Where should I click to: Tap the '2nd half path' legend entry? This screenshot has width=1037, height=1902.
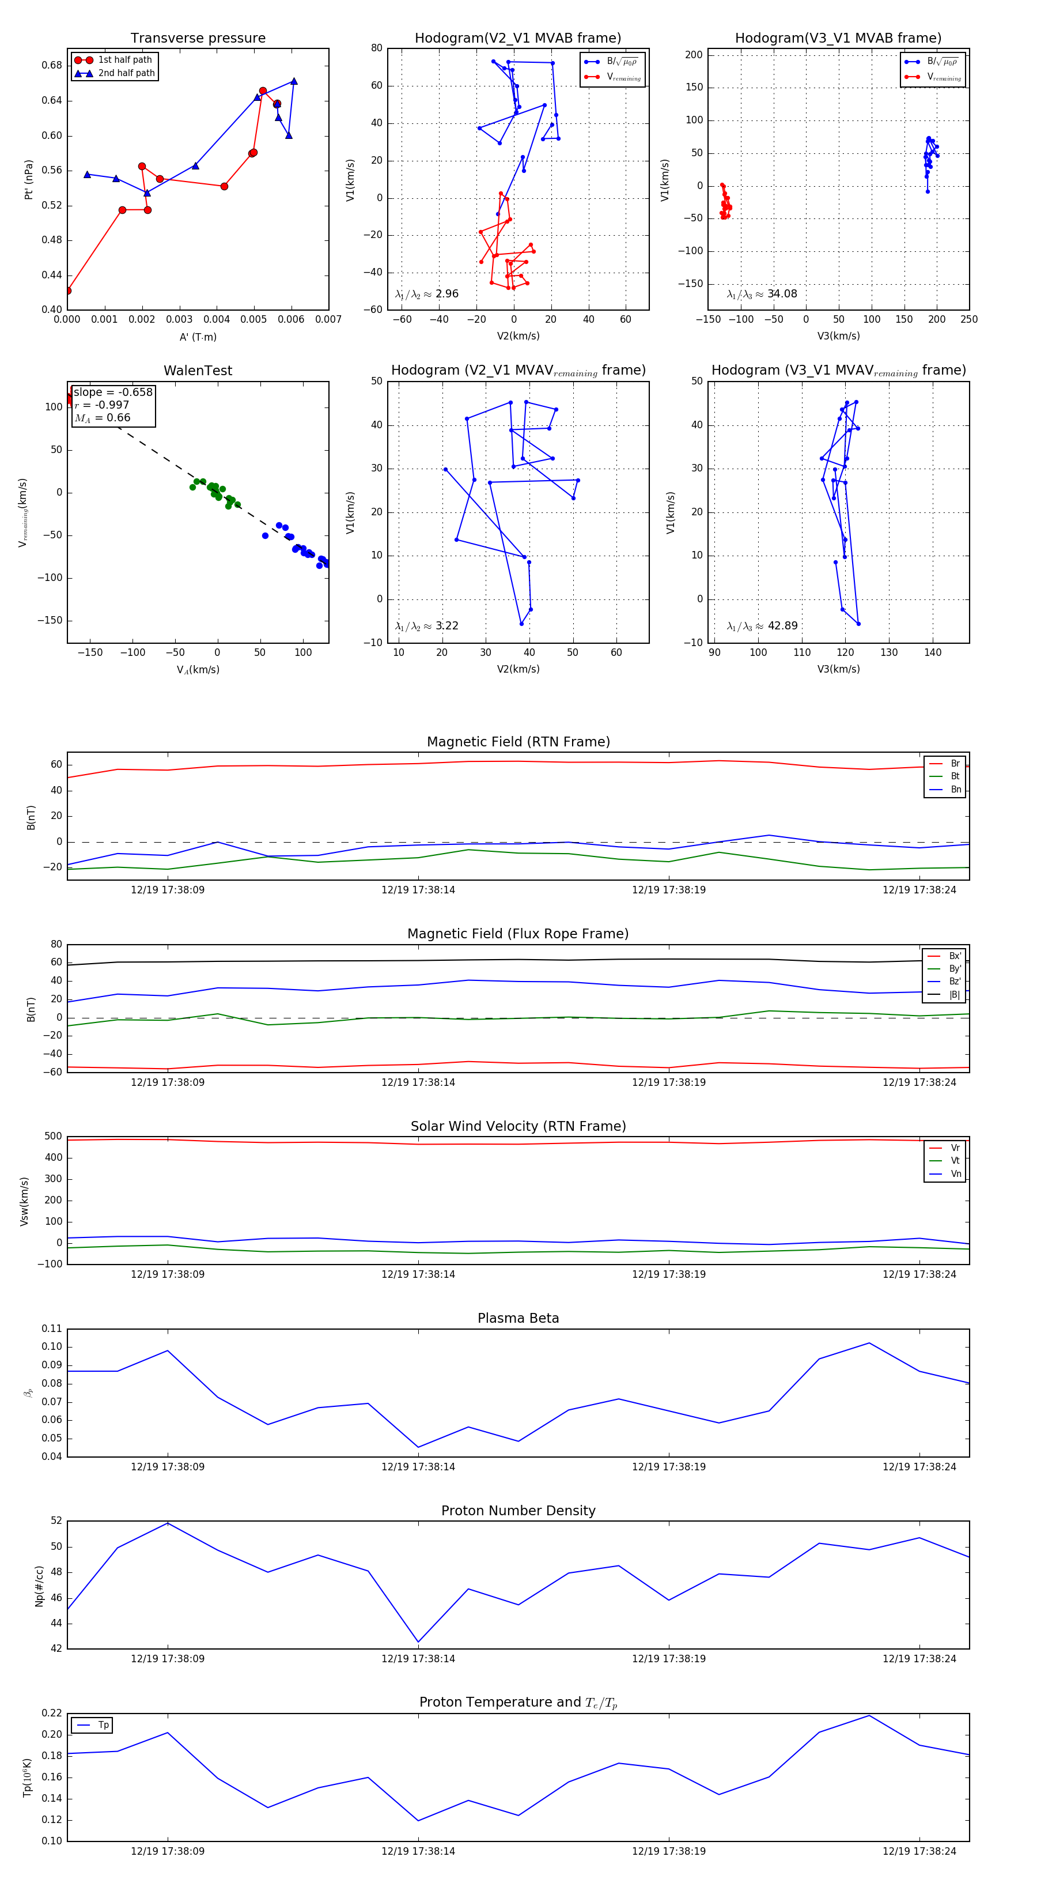(126, 73)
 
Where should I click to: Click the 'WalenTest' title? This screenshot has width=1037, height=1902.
(198, 371)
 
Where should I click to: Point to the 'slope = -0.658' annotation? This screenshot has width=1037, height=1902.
(113, 392)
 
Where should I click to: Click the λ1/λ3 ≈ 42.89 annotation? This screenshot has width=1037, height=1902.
(762, 626)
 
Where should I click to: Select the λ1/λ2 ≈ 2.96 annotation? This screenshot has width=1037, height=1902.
(426, 294)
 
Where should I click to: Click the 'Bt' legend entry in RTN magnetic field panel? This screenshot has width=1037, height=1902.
(955, 776)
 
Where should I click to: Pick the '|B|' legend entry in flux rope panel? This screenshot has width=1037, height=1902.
(955, 995)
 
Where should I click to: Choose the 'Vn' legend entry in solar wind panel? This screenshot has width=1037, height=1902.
(955, 1174)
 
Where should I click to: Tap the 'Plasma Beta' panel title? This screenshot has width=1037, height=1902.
(518, 1319)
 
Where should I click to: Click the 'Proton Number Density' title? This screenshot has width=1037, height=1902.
(518, 1511)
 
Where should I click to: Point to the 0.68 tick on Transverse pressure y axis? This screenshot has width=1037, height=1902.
(52, 65)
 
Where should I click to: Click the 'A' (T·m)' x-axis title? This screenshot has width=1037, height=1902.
(198, 337)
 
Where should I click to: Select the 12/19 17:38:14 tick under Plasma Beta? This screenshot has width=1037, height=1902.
(418, 1466)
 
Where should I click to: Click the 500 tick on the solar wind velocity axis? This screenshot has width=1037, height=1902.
(53, 1137)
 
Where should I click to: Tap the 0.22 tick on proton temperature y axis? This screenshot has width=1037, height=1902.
(52, 1713)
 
